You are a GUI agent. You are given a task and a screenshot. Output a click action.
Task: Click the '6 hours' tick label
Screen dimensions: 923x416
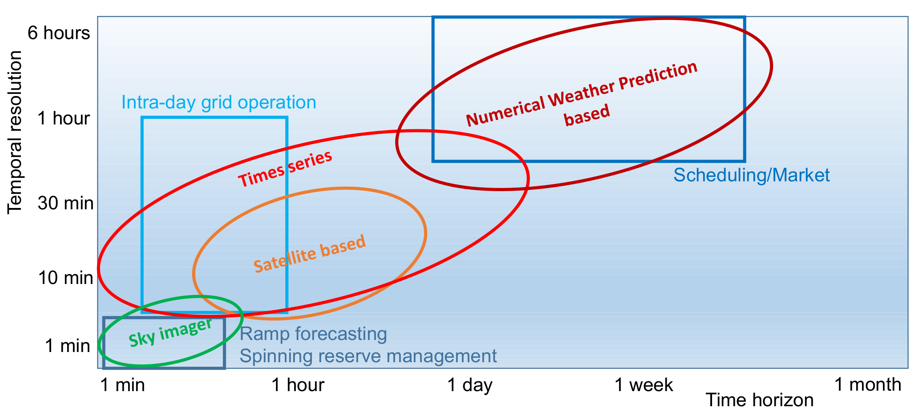[59, 33]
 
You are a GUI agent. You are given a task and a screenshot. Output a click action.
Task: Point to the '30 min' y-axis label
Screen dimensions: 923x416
[65, 203]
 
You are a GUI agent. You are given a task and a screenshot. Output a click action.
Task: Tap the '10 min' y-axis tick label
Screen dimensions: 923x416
[65, 278]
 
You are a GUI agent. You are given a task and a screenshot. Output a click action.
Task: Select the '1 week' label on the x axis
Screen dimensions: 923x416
[644, 385]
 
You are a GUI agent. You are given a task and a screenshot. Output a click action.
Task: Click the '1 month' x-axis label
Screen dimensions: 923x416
[867, 384]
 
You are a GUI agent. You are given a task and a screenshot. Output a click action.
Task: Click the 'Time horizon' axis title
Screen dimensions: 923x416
[759, 400]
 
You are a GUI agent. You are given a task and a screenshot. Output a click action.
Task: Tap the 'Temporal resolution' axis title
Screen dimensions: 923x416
[15, 132]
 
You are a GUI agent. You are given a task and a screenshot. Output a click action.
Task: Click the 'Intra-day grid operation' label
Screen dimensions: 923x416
[219, 103]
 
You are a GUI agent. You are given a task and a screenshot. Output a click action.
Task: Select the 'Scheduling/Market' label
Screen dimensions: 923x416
[751, 175]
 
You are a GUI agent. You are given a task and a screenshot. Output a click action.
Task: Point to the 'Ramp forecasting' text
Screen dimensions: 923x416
[313, 334]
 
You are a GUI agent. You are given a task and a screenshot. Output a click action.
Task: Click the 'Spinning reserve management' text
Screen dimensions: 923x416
[368, 356]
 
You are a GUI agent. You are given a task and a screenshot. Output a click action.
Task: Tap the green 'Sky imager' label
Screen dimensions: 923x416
[170, 332]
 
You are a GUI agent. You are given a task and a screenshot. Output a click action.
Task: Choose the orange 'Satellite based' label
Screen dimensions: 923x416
[310, 253]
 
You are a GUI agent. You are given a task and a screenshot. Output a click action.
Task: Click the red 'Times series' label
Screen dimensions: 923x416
[285, 169]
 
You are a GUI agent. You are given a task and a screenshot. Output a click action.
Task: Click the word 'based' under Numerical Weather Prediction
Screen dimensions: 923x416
[587, 115]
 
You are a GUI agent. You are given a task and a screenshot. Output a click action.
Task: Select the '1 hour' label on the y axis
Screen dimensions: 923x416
[64, 118]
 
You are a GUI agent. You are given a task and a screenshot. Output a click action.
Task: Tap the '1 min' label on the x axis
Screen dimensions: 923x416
[123, 385]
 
